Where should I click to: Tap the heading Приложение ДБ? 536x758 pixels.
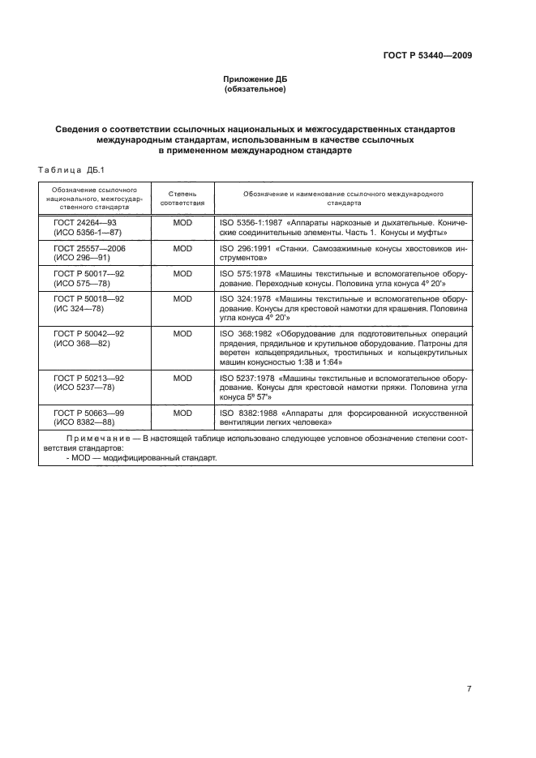click(255, 79)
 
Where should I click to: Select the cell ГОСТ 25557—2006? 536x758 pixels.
click(88, 247)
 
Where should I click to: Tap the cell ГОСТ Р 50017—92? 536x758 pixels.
click(89, 274)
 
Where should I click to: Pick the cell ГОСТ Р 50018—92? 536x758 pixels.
click(89, 299)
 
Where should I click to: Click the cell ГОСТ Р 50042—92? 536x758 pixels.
click(89, 334)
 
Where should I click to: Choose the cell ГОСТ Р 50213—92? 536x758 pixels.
click(89, 379)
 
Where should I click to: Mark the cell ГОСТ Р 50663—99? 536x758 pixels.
click(89, 413)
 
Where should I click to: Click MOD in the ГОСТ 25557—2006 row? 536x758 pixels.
click(182, 247)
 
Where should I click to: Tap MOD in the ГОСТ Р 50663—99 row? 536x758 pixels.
click(182, 413)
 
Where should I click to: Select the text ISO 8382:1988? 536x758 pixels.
click(246, 413)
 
